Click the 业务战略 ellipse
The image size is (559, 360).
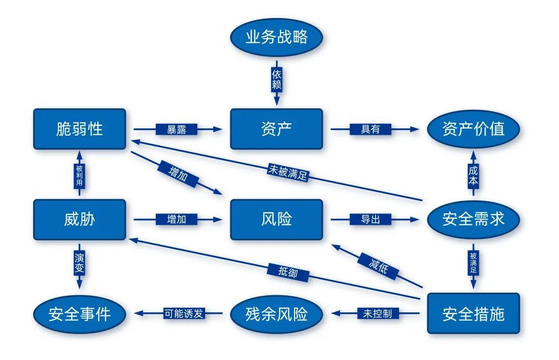coord(276,37)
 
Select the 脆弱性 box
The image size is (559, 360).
coord(79,129)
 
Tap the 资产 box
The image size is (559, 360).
coord(276,129)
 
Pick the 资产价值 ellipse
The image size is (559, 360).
coord(473,129)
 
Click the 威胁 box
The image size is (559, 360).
coord(79,220)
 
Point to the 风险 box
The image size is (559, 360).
coord(276,220)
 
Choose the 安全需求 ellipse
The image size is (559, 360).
coord(473,220)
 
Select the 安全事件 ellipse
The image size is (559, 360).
coord(79,313)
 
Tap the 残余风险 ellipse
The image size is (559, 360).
coord(276,313)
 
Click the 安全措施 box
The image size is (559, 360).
coord(473,313)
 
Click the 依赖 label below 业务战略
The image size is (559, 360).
coord(276,79)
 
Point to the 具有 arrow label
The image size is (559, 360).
coord(370,129)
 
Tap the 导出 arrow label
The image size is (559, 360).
coord(370,220)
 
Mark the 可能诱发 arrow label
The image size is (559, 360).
coord(184,313)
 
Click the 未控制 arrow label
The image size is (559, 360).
coord(374,313)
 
